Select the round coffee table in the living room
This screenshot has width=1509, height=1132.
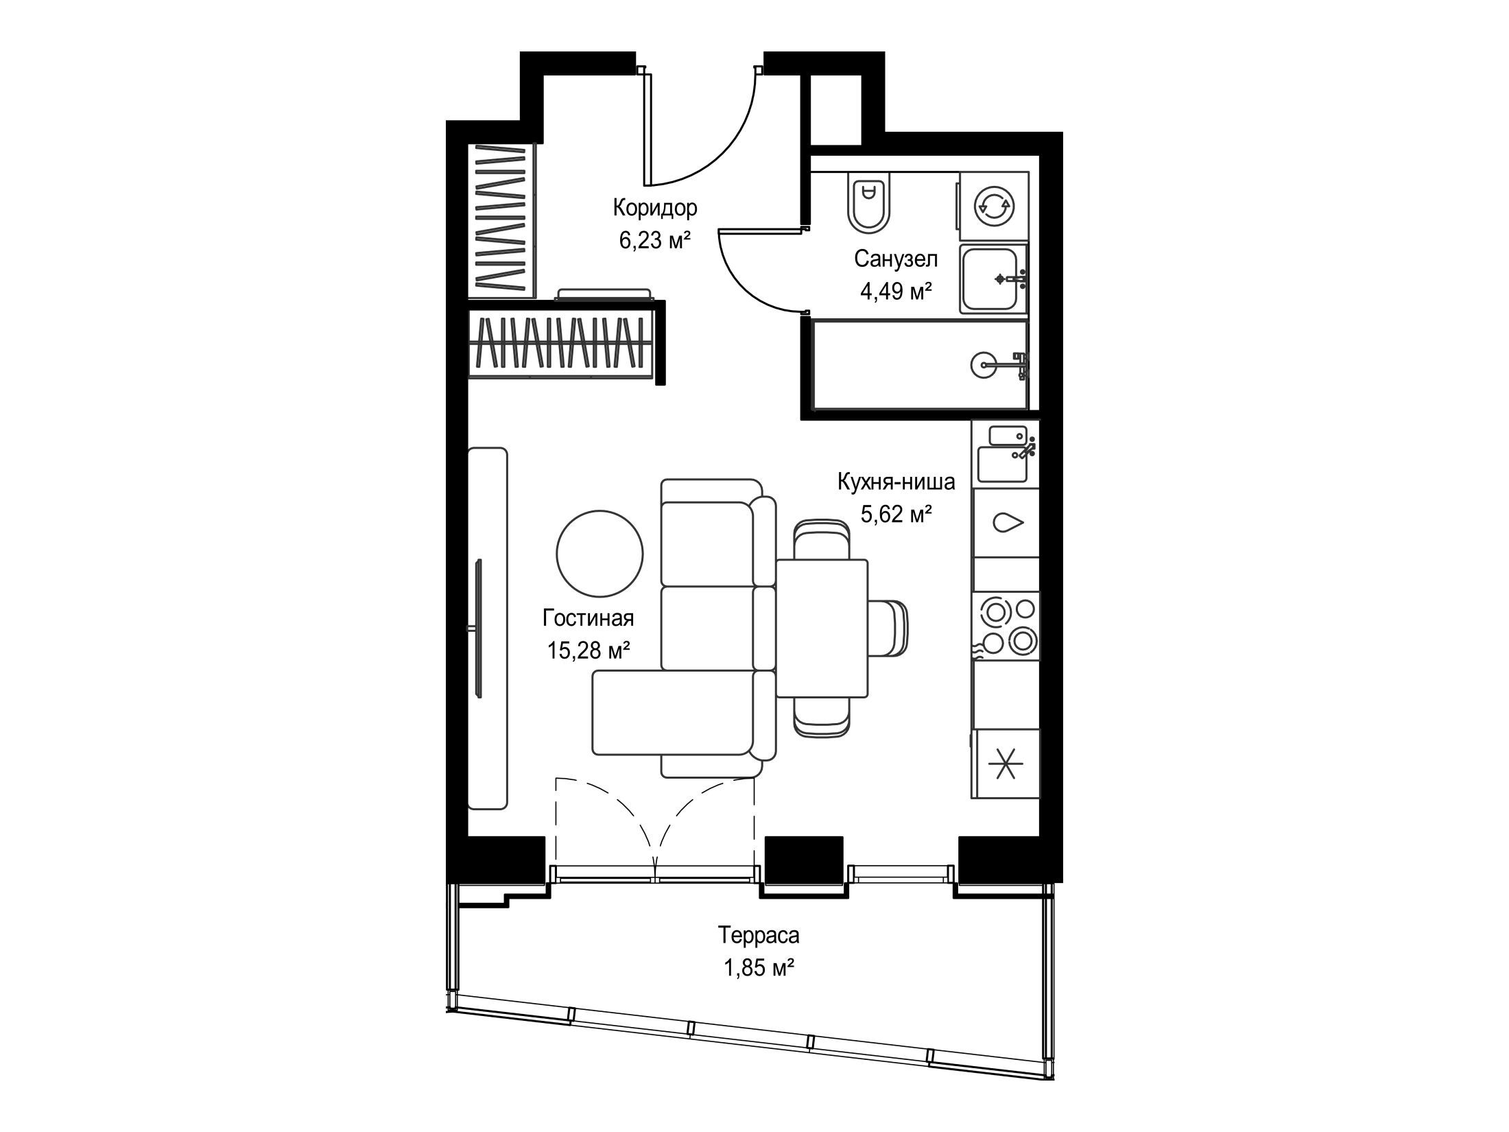click(x=599, y=554)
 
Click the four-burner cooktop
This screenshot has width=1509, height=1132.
click(x=1006, y=625)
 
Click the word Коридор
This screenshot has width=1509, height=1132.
click(x=655, y=207)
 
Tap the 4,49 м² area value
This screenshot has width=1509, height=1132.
click(x=896, y=292)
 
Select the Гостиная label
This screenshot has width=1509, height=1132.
click(x=588, y=618)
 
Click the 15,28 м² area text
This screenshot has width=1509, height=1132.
click(x=589, y=650)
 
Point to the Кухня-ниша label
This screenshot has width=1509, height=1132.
click(x=896, y=482)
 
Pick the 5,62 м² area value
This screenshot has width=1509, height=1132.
click(x=896, y=515)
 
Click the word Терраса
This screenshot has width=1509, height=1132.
click(x=759, y=934)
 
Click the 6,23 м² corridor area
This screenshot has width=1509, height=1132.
click(x=654, y=240)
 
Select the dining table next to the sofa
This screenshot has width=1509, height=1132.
click(x=822, y=638)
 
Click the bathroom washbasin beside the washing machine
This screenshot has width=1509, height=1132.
click(x=994, y=279)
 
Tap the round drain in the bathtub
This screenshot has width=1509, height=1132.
click(x=982, y=365)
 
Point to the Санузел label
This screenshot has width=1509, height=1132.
click(x=896, y=259)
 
